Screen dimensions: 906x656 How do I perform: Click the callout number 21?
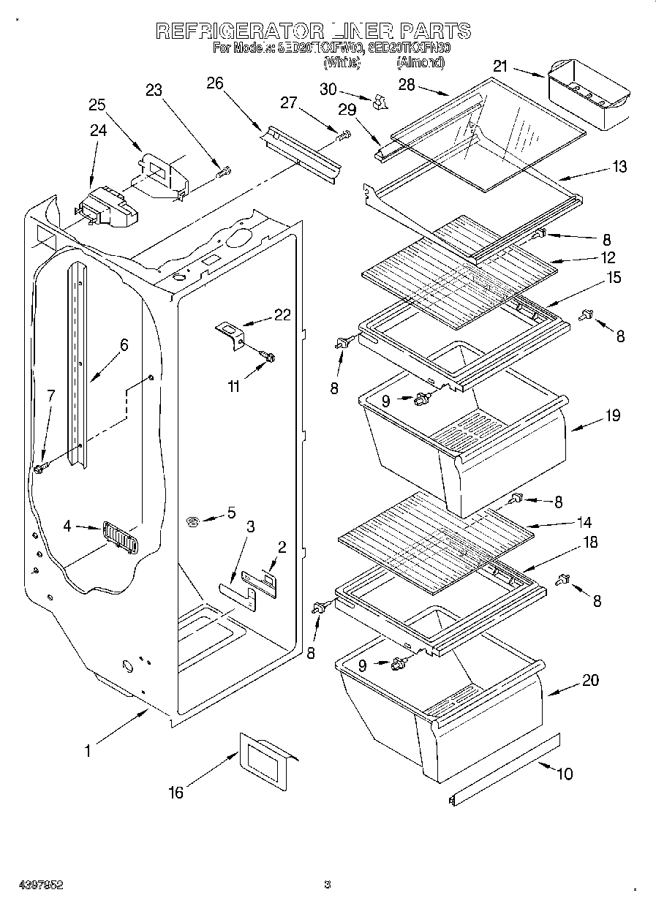500,67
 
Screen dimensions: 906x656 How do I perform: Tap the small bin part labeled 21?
587,94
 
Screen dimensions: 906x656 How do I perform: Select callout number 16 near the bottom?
176,793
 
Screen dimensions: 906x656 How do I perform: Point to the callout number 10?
565,774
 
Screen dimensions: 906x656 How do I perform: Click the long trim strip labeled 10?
505,771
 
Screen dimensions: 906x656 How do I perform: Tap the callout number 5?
231,513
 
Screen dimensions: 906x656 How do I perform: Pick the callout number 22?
282,315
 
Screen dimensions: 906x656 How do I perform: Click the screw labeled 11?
268,357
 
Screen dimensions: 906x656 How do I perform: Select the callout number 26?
214,83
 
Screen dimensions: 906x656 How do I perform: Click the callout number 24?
98,131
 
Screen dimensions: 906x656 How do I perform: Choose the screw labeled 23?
225,173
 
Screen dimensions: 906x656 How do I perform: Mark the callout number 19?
612,415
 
